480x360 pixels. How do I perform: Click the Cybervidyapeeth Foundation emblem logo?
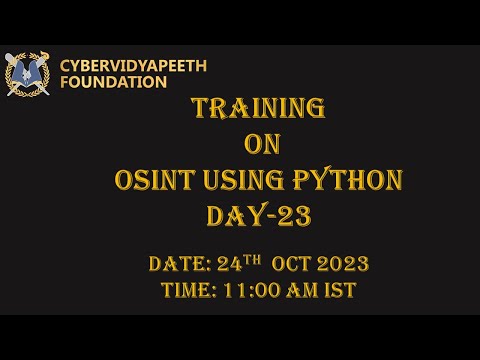27,74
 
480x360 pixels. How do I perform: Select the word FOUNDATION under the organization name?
113,83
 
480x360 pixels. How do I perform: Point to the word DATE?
184,265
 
